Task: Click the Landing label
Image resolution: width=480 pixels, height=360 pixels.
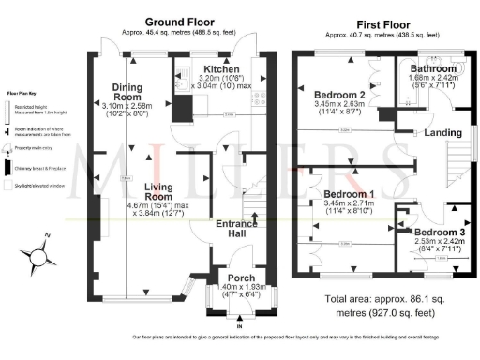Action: [x=443, y=133]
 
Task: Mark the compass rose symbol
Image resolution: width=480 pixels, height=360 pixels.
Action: [x=43, y=253]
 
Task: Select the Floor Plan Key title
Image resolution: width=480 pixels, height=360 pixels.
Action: [x=23, y=95]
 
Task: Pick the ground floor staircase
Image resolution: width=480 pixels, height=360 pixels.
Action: [x=251, y=202]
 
